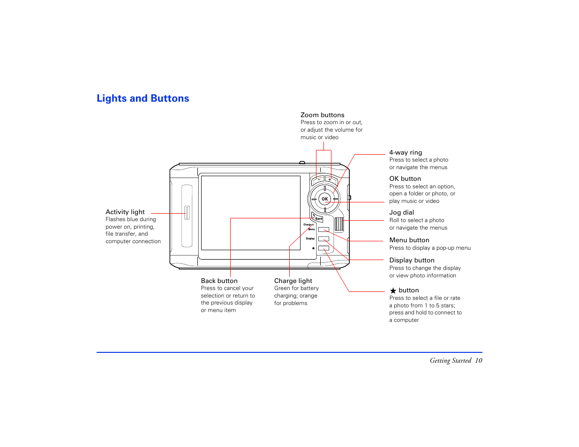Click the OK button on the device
324,199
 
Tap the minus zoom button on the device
318,179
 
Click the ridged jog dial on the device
339,224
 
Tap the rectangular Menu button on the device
323,230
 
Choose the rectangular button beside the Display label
323,239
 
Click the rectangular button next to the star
323,248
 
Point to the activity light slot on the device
187,213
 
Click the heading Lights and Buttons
143,98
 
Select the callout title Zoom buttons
323,115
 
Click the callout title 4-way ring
406,153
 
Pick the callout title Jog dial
402,213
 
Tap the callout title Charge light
293,281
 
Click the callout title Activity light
125,212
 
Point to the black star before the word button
393,291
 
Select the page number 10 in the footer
478,361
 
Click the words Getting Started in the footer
450,361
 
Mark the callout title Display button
412,261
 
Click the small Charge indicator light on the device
313,225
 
